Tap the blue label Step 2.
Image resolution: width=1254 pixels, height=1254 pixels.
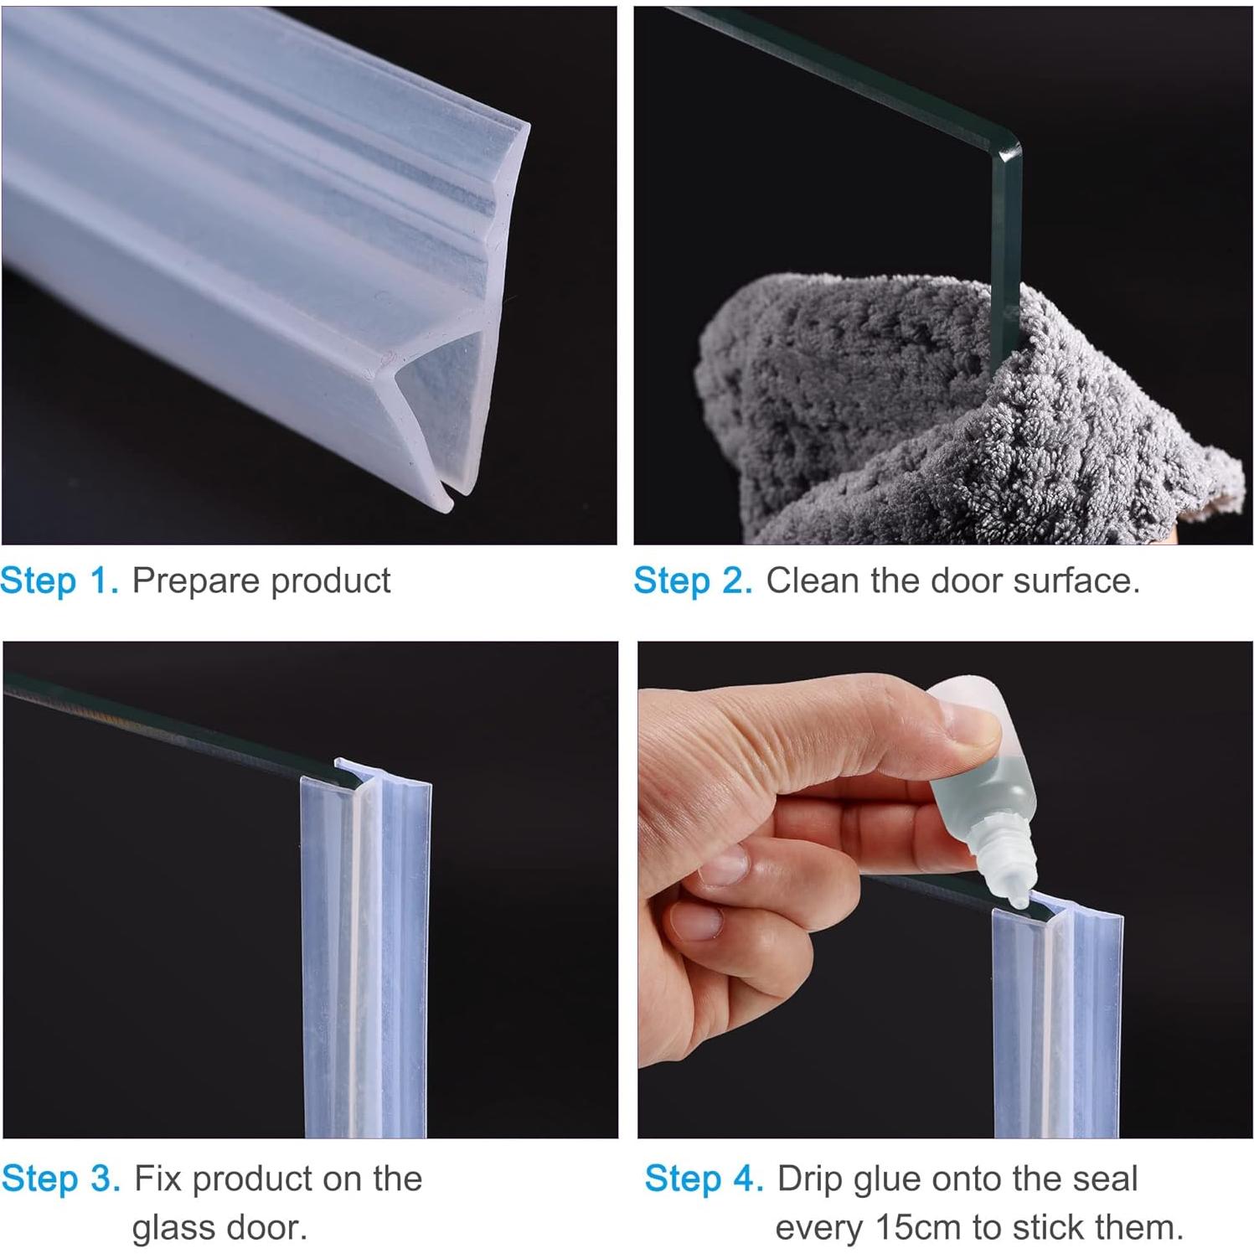pyautogui.click(x=693, y=581)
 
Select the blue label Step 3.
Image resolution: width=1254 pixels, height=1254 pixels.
pyautogui.click(x=60, y=1179)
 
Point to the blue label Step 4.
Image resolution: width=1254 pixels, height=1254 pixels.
pyautogui.click(x=704, y=1179)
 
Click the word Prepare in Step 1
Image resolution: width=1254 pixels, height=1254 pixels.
pyautogui.click(x=195, y=581)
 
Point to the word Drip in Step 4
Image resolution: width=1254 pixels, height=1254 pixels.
pyautogui.click(x=808, y=1179)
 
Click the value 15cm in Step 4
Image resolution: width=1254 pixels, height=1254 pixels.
pyautogui.click(x=917, y=1228)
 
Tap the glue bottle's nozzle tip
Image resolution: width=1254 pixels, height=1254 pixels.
pyautogui.click(x=1017, y=901)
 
